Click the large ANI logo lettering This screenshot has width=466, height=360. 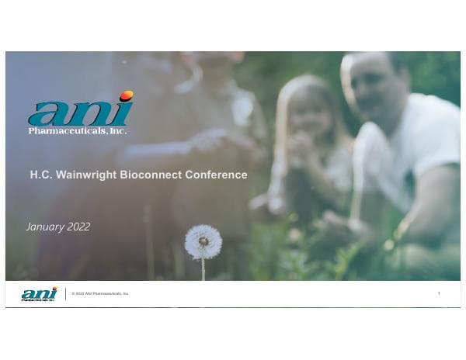point(78,112)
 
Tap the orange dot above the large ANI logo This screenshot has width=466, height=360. point(126,95)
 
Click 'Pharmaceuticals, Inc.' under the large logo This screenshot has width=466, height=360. point(77,131)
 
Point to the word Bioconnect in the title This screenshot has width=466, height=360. point(151,175)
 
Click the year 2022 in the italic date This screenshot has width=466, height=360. point(78,227)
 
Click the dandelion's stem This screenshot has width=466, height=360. point(203,268)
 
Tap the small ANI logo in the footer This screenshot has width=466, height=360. point(39,293)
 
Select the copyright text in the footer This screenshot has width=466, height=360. point(100,293)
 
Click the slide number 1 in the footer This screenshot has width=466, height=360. point(439,293)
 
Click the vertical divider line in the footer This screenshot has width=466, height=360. point(65,293)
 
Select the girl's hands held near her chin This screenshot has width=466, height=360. point(299,144)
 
